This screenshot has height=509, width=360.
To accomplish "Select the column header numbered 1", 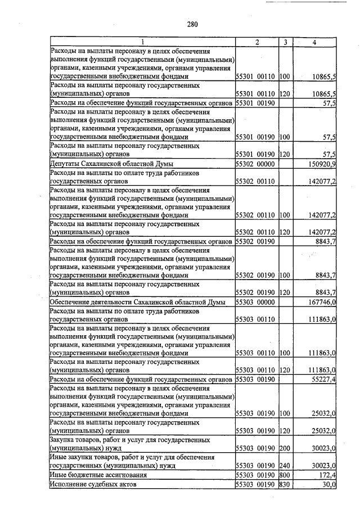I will [x=142, y=42].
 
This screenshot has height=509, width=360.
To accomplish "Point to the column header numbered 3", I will [x=285, y=42].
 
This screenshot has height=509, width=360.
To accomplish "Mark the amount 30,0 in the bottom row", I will [x=328, y=484].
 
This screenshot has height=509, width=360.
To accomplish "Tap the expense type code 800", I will [x=284, y=475].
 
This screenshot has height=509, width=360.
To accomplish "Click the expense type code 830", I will [x=284, y=484].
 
